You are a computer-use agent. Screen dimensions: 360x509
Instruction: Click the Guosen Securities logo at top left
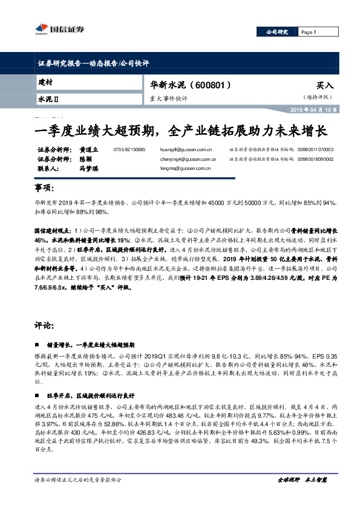point(49,27)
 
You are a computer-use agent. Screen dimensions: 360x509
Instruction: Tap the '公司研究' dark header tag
point(277,32)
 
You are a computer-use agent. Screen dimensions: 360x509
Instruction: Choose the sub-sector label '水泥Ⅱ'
point(48,97)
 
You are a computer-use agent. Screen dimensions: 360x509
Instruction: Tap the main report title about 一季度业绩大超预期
point(179,130)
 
